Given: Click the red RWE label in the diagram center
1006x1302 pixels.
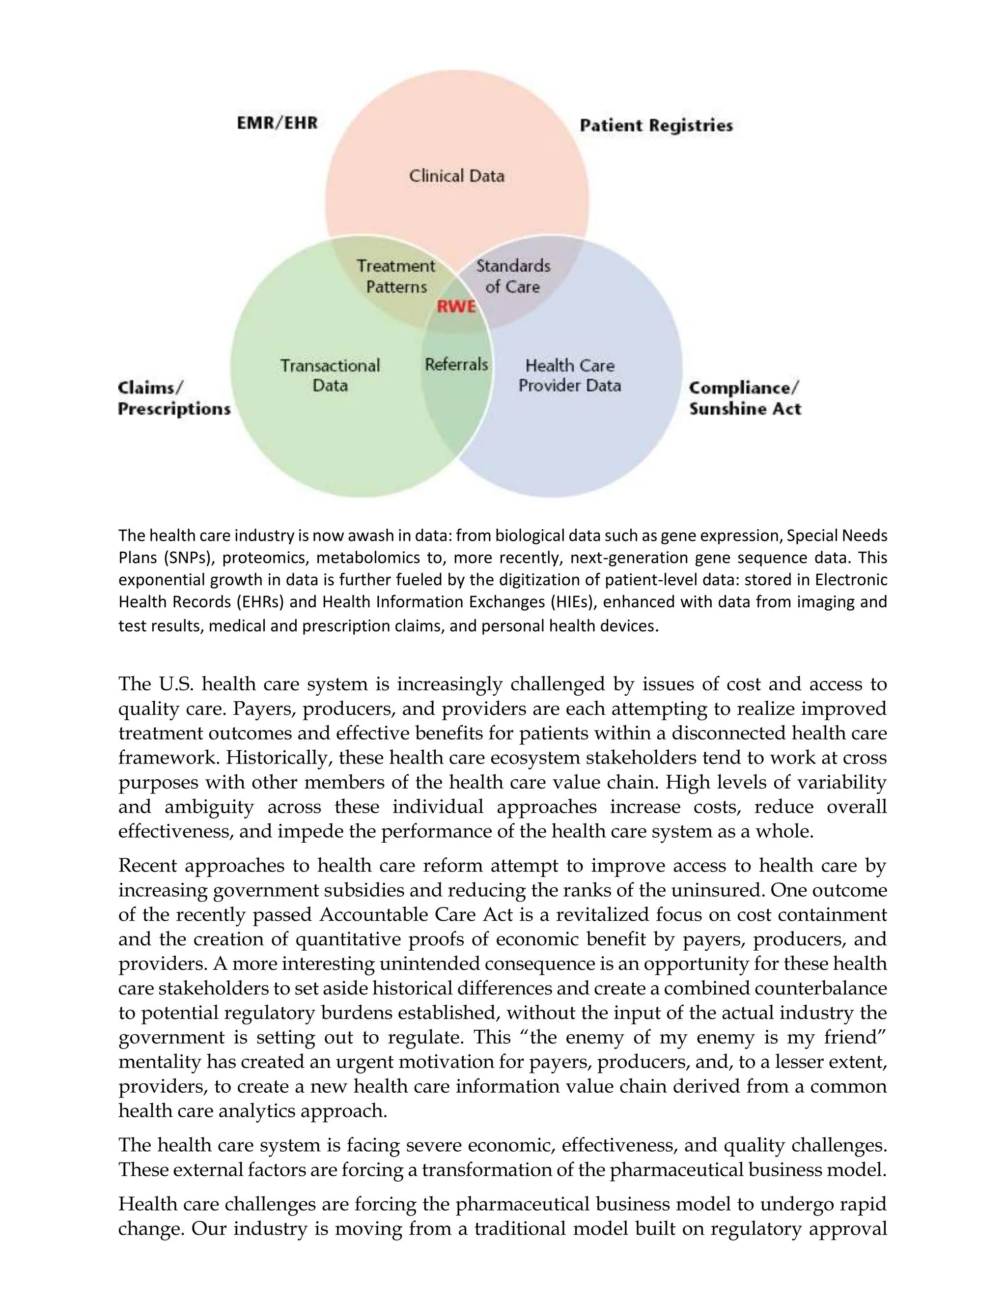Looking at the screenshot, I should pos(456,307).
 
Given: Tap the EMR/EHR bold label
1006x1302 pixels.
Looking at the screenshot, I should pos(278,123).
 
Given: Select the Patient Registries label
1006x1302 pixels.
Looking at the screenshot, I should pos(656,125).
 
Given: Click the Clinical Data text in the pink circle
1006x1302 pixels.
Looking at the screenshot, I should pos(456,176).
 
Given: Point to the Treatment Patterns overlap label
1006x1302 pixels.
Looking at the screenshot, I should pos(396,276).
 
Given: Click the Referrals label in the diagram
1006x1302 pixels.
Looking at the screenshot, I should pos(456,364).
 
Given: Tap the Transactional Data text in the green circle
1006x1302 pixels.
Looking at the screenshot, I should pos(330,375).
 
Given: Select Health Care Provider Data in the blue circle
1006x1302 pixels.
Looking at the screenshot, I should pos(570,375).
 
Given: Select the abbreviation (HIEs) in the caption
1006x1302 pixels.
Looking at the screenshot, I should pos(570,602).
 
